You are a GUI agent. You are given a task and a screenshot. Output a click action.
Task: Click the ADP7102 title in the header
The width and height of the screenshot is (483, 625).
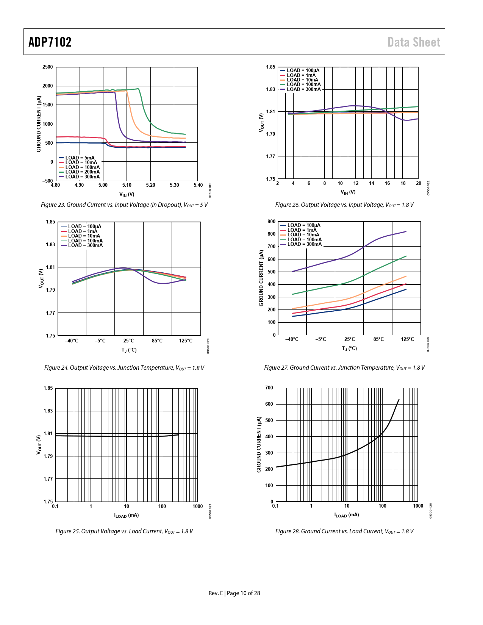50,42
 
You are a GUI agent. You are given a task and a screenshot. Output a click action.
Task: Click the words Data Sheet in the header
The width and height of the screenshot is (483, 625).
414,42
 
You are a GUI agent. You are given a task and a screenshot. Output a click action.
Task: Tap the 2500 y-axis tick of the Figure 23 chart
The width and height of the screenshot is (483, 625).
48,67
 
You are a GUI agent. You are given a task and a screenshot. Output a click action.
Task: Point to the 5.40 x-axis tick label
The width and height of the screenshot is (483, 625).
198,185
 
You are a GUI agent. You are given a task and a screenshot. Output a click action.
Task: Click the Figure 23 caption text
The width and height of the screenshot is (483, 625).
124,205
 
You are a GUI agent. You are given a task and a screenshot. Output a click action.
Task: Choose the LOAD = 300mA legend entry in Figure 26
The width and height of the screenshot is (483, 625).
303,89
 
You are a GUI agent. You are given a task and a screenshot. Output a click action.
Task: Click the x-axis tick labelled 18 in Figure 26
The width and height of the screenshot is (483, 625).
403,183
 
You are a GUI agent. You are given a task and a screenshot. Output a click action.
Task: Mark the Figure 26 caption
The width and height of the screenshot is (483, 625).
344,205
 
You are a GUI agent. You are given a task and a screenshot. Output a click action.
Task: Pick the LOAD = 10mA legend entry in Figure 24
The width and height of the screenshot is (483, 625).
84,236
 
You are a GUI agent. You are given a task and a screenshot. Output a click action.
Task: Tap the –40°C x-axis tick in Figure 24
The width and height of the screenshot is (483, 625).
72,341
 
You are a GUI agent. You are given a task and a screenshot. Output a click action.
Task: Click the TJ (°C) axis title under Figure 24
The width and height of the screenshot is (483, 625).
129,350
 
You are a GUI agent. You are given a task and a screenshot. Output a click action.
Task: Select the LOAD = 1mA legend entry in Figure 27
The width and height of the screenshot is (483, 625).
302,230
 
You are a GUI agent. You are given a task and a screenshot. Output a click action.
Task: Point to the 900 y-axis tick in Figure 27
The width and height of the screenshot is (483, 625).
271,222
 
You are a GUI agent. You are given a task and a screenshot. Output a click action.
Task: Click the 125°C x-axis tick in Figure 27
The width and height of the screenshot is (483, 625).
408,339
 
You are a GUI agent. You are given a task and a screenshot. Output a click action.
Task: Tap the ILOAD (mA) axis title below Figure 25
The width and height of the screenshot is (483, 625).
127,516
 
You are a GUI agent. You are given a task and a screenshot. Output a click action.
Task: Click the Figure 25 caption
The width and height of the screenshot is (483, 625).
124,531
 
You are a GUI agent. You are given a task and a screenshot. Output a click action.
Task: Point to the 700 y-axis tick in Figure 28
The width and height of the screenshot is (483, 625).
269,388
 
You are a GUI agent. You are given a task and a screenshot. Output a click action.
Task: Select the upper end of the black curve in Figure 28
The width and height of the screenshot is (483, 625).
399,400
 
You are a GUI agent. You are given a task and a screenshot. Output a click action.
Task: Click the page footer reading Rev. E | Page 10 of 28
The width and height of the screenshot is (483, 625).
234,593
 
